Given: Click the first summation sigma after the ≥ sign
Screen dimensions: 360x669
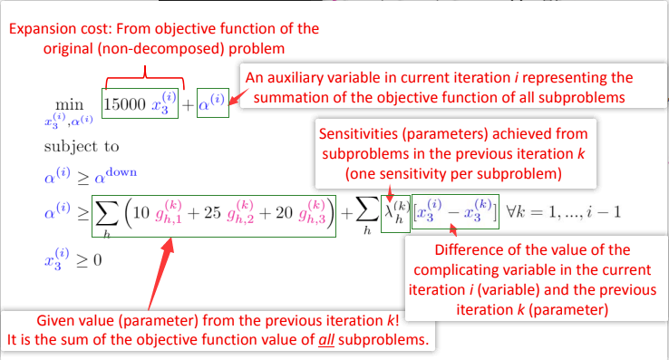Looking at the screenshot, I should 107,214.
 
